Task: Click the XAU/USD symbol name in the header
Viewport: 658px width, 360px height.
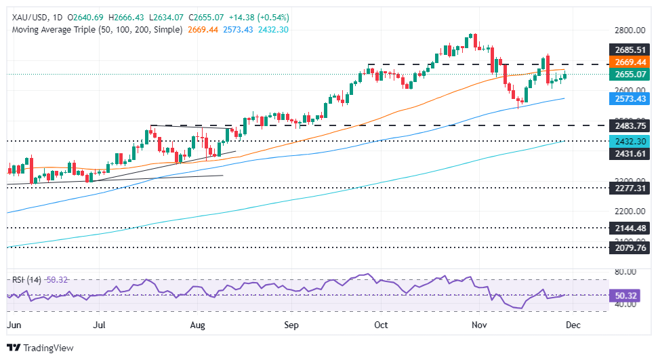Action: pyautogui.click(x=31, y=17)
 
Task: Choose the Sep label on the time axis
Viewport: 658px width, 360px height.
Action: pyautogui.click(x=291, y=325)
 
